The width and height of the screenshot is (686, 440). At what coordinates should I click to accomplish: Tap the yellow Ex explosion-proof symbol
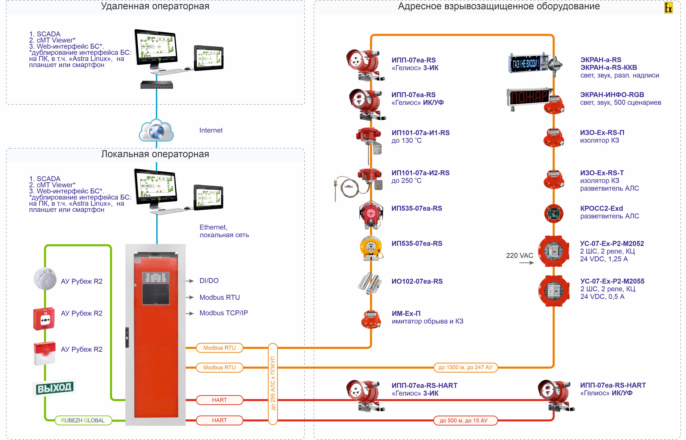click(668, 8)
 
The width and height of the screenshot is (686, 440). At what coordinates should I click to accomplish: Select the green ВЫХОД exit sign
click(54, 388)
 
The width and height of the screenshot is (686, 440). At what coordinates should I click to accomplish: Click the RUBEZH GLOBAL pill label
click(83, 420)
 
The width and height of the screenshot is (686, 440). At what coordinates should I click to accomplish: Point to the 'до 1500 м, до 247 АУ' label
click(465, 367)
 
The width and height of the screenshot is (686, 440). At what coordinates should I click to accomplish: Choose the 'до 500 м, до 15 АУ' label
click(465, 421)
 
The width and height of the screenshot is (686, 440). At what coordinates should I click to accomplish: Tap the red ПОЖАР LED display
click(529, 97)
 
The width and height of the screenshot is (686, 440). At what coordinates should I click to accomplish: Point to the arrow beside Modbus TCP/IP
click(190, 313)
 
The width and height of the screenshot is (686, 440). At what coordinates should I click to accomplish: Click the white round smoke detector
click(45, 279)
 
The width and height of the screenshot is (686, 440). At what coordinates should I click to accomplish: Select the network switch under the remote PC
click(156, 85)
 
